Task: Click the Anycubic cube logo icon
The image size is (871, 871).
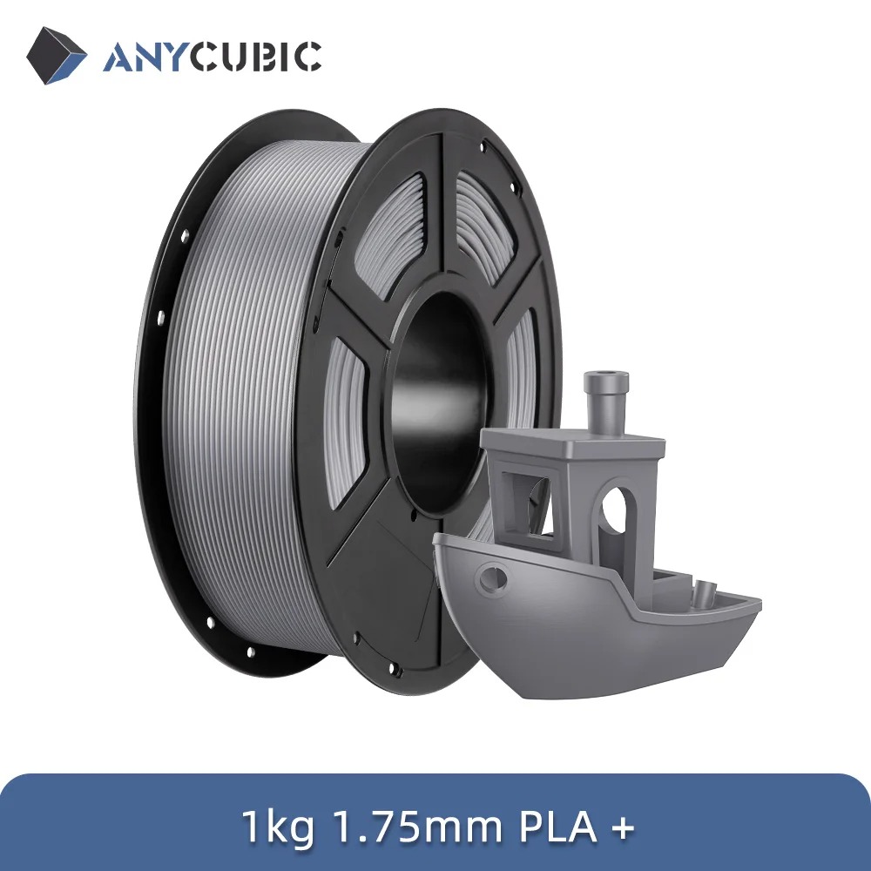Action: [x=56, y=56]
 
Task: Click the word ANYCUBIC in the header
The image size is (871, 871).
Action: [x=212, y=56]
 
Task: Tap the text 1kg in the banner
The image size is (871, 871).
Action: [x=278, y=827]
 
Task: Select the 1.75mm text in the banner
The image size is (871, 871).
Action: [x=416, y=827]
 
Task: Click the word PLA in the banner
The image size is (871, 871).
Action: [x=557, y=827]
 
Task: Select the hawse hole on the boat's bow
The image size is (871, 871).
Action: [x=493, y=577]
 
